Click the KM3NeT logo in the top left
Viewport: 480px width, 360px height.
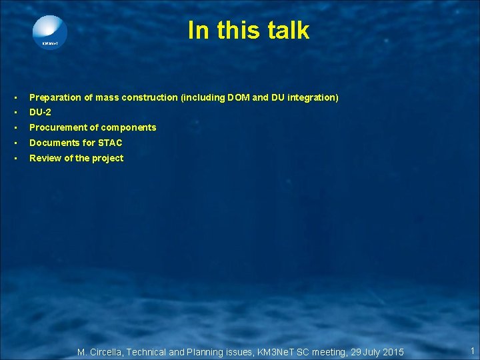click(50, 32)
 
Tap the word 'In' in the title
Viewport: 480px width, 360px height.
click(197, 30)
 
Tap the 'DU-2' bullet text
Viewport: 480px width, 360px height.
click(40, 112)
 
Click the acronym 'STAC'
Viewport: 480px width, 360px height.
click(110, 143)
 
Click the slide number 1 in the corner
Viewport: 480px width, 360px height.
click(472, 351)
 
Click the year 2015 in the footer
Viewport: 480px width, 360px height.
click(392, 352)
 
